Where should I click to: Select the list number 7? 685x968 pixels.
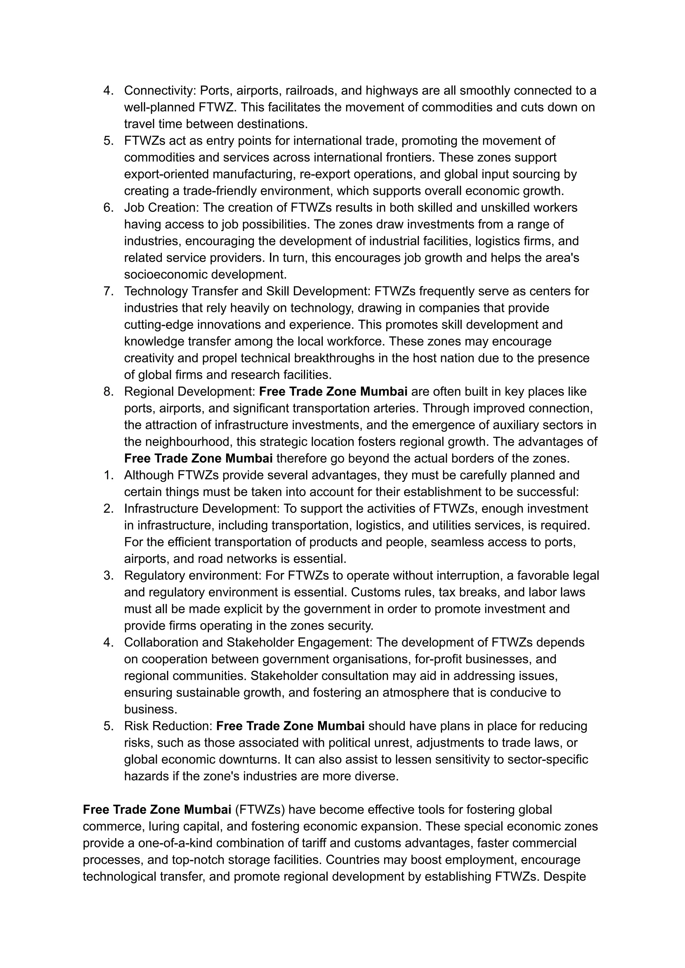click(108, 291)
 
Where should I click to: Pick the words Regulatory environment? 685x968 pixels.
click(192, 576)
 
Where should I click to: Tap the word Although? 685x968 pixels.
click(149, 475)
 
